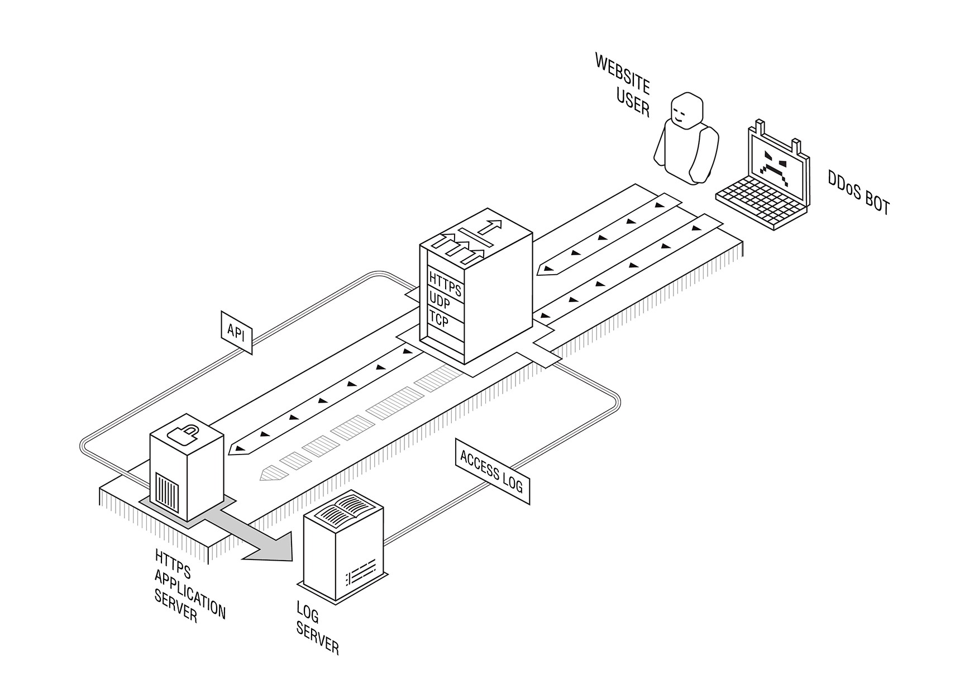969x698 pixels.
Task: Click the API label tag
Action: (x=236, y=332)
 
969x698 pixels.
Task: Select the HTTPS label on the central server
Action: (x=445, y=283)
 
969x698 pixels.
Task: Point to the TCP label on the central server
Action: (x=438, y=319)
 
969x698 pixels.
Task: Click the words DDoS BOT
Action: (x=858, y=192)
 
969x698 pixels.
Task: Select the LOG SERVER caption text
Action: (x=317, y=628)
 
